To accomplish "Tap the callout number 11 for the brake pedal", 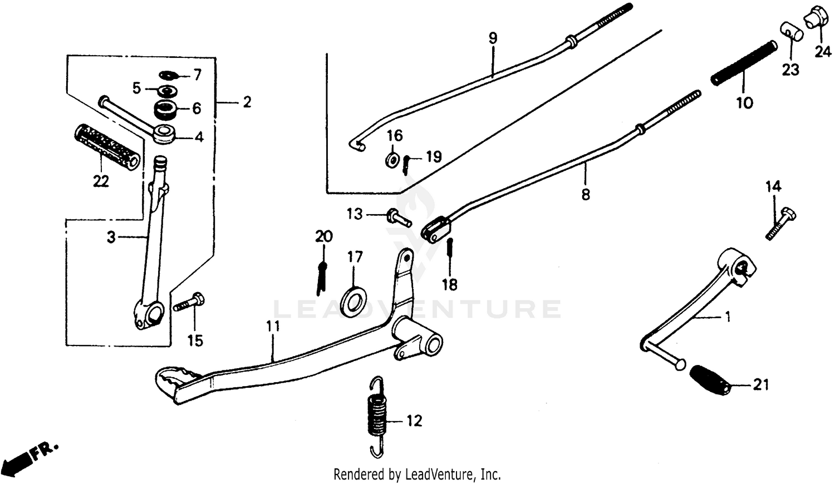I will click(x=273, y=327).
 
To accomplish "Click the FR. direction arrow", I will click(x=28, y=456).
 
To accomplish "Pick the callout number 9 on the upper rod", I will click(x=493, y=38).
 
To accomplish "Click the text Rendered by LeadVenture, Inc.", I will click(x=417, y=475).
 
